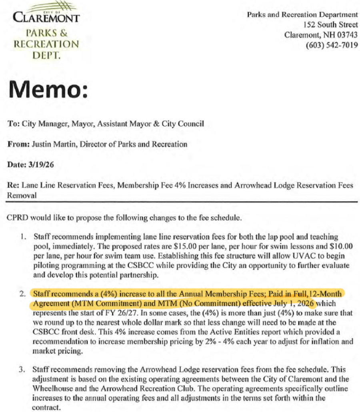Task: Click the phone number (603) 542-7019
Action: click(332, 45)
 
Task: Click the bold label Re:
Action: click(12, 186)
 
